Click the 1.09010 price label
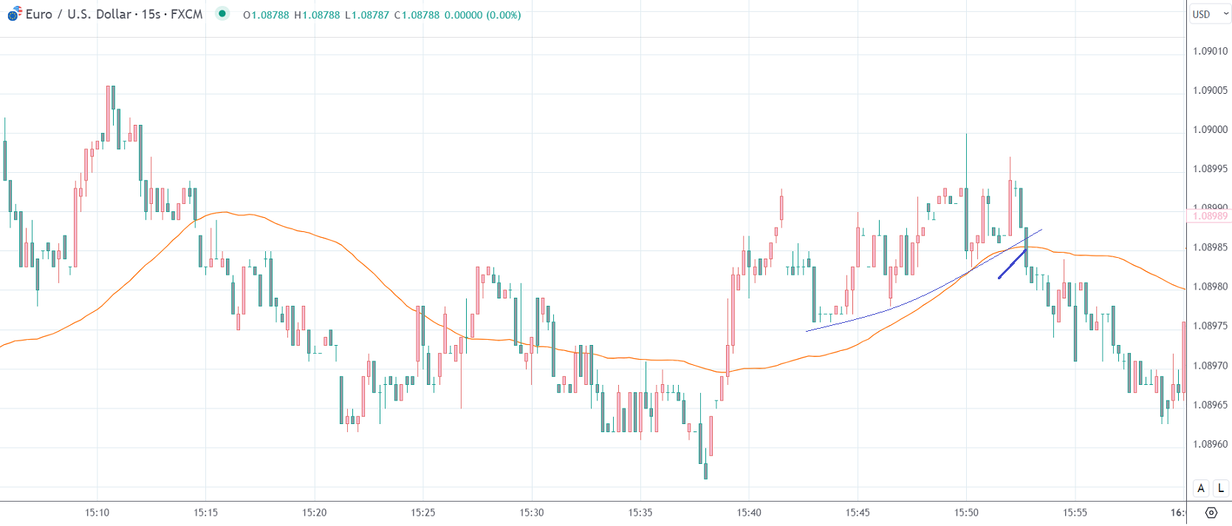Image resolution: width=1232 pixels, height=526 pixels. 1210,51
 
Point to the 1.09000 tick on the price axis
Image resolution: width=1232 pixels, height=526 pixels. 1210,129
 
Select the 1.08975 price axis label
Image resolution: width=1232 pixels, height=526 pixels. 1210,326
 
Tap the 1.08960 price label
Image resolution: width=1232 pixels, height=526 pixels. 1210,444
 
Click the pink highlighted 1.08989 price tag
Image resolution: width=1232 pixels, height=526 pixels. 1210,216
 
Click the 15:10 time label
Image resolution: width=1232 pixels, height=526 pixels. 97,512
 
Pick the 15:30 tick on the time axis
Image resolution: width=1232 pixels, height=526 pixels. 531,512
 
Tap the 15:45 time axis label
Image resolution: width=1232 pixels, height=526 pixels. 858,512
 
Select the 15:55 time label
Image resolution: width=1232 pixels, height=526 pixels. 1075,512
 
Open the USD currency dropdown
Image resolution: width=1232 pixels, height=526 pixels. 1209,14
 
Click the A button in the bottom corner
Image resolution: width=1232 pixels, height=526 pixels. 1201,488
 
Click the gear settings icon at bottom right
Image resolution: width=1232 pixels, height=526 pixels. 1211,512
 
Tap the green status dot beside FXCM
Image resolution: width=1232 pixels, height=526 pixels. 222,13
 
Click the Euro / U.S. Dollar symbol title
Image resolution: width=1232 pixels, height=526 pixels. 78,14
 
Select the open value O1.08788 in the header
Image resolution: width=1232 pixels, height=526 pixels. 266,15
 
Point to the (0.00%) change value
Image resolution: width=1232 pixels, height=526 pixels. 503,15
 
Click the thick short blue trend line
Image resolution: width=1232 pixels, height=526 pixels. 1012,264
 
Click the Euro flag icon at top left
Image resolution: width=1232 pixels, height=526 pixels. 14,14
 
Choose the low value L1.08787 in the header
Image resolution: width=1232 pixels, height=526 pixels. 366,15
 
